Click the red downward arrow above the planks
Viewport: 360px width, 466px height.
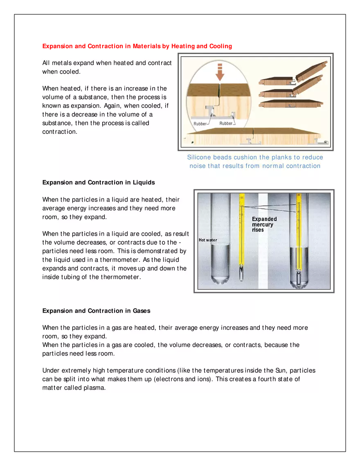coord(220,72)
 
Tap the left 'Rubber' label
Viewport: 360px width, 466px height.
coord(200,124)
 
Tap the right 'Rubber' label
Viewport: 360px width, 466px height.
coord(226,123)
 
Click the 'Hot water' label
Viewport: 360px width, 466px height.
coord(208,240)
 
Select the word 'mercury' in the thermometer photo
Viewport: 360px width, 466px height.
coord(263,225)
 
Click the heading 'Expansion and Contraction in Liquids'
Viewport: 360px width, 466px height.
coord(99,182)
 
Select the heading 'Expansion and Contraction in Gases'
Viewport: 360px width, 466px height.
coord(96,311)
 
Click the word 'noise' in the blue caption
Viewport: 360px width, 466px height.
coord(198,166)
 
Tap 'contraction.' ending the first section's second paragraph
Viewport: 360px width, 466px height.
coord(60,132)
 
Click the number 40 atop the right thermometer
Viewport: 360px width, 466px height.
coord(299,195)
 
